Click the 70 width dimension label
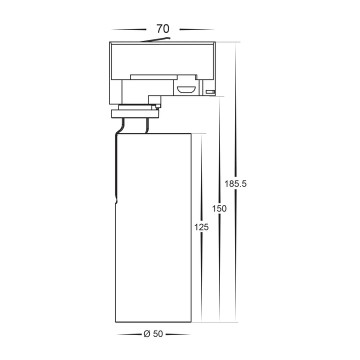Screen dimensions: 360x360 tap(163, 29)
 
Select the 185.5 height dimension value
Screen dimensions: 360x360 tap(235, 183)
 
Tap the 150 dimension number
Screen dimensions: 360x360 tap(219, 208)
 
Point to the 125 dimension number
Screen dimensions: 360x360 tap(201, 227)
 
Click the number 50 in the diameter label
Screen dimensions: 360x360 tap(158, 334)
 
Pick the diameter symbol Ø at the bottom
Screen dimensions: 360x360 tap(147, 334)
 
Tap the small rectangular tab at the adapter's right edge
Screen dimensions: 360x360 tap(210, 92)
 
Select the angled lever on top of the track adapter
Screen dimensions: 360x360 tap(155, 39)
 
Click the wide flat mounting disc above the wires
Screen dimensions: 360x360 tap(135, 114)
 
